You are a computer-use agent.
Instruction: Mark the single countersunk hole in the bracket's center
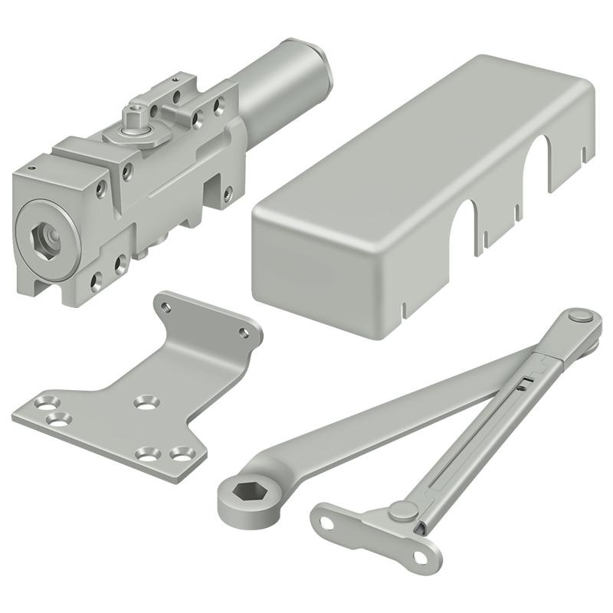click(144, 401)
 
